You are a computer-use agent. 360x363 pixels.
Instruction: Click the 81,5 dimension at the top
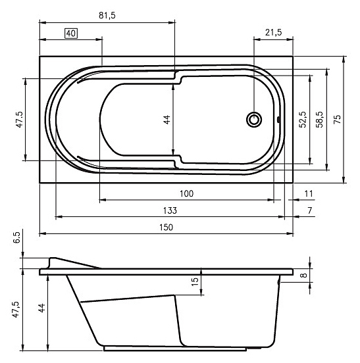coord(107,16)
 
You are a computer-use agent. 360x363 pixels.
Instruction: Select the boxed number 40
coord(71,34)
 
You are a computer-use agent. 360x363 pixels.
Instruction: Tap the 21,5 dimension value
coord(274,32)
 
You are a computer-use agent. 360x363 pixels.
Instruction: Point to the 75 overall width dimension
coord(338,119)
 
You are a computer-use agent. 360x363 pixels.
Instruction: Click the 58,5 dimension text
coord(320,120)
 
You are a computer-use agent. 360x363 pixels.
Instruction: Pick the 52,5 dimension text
coord(303,120)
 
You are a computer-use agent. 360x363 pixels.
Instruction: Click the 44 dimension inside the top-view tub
coord(167,120)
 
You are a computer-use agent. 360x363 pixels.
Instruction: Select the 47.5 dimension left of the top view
coord(20,120)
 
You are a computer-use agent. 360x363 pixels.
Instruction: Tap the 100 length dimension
coord(186,193)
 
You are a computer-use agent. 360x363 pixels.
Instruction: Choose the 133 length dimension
coord(170,210)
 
